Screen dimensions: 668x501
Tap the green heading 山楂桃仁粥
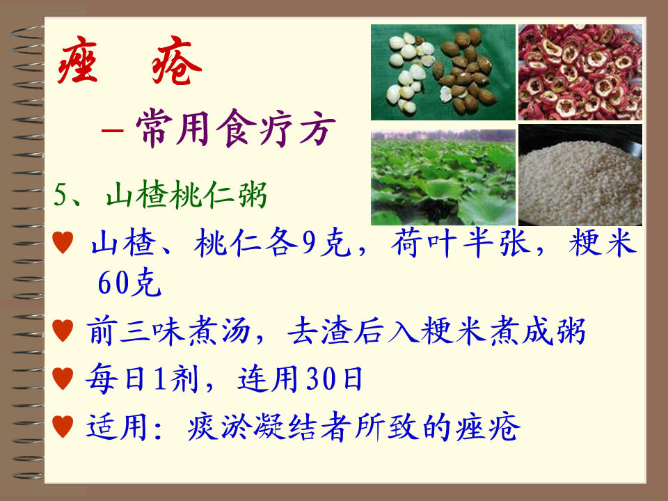(x=186, y=195)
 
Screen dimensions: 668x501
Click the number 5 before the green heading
(x=61, y=195)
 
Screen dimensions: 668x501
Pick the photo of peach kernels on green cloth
(x=443, y=72)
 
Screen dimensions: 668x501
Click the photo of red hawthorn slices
(x=580, y=72)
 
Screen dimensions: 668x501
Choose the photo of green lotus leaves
(x=443, y=177)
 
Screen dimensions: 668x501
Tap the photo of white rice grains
(x=580, y=175)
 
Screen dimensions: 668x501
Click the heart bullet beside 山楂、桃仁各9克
(x=63, y=242)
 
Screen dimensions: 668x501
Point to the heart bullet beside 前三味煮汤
(x=63, y=331)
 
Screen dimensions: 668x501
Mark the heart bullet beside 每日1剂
(x=63, y=379)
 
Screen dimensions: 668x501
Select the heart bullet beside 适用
(x=63, y=427)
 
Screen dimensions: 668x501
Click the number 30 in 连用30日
(x=324, y=379)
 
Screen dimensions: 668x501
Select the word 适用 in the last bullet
(x=117, y=427)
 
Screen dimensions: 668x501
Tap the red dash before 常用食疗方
(x=112, y=130)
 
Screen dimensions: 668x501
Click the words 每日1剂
(x=142, y=379)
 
